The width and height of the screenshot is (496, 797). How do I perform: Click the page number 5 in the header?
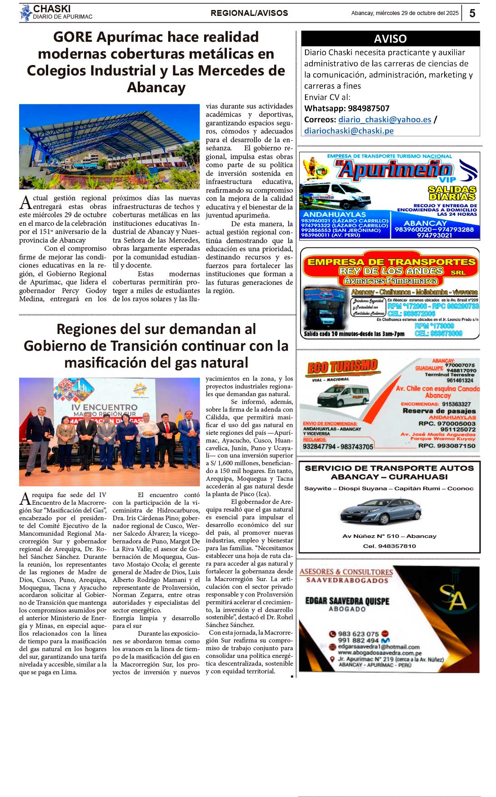pyautogui.click(x=472, y=13)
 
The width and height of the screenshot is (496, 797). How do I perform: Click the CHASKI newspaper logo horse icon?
pyautogui.click(x=25, y=13)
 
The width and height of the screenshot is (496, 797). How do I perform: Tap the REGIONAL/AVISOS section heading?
pyautogui.click(x=249, y=13)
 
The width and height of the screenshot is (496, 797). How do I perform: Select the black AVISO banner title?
pyautogui.click(x=390, y=39)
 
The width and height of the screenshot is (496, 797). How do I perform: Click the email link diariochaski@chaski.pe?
pyautogui.click(x=349, y=131)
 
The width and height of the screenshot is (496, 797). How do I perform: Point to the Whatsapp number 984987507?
pyautogui.click(x=369, y=108)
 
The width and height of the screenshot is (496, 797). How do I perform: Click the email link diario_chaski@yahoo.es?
pyautogui.click(x=385, y=120)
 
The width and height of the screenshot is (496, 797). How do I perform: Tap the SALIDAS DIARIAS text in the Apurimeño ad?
pyautogui.click(x=452, y=193)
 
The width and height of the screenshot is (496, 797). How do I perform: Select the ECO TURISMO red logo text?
pyautogui.click(x=342, y=367)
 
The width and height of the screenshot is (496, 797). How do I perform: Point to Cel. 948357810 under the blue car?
pyautogui.click(x=389, y=546)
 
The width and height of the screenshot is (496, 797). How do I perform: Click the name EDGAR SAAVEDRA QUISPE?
pyautogui.click(x=347, y=601)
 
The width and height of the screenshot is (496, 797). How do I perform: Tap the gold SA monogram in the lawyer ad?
pyautogui.click(x=453, y=597)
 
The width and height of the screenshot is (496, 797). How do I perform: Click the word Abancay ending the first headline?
pyautogui.click(x=156, y=87)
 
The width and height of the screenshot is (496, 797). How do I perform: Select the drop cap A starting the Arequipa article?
pyautogui.click(x=25, y=499)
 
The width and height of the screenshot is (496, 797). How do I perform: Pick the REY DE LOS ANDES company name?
pyautogui.click(x=391, y=271)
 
